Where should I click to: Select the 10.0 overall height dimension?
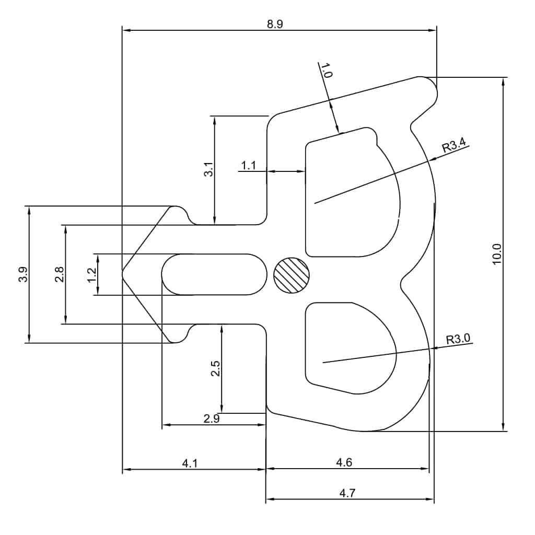click(x=497, y=254)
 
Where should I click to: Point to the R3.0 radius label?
click(x=458, y=339)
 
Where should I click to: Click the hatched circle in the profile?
click(x=292, y=275)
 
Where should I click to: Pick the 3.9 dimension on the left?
click(x=22, y=274)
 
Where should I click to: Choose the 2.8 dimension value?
click(x=59, y=274)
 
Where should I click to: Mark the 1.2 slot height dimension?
click(x=92, y=275)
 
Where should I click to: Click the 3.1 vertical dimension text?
click(x=208, y=170)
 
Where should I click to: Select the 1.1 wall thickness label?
click(x=248, y=166)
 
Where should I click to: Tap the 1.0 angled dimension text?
click(x=326, y=71)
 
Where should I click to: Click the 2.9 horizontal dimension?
click(x=212, y=418)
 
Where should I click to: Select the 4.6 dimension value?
click(x=344, y=462)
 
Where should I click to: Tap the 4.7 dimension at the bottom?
click(x=347, y=492)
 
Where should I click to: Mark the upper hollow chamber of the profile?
click(x=350, y=199)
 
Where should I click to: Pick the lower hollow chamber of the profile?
click(x=347, y=347)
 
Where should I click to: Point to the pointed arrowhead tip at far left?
click(x=124, y=273)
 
